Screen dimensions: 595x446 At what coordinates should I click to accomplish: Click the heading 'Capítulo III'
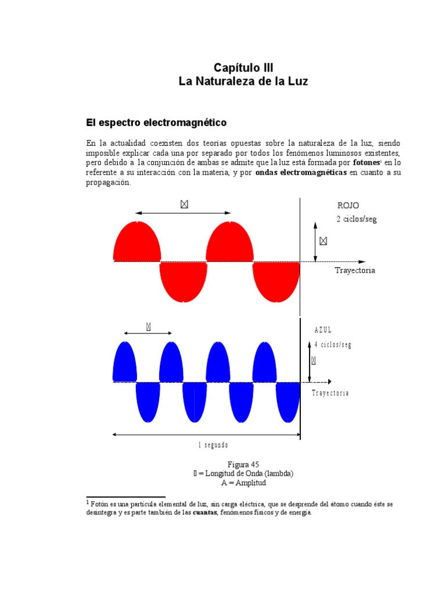click(243, 67)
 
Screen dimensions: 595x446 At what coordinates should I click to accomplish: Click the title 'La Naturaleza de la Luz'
click(243, 82)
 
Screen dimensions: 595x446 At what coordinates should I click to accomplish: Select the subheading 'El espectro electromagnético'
click(156, 123)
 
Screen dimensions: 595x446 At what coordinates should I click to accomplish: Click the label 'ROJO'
click(348, 206)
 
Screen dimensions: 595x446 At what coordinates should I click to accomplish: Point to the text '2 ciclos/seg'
click(356, 219)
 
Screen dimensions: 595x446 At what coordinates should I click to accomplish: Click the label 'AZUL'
click(323, 331)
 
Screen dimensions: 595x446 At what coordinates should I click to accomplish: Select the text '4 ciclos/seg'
click(333, 345)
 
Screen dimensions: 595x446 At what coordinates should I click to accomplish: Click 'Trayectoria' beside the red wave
click(355, 271)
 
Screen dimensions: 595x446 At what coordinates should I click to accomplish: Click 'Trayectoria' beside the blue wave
click(330, 393)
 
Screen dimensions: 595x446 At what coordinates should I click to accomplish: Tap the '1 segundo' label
click(213, 445)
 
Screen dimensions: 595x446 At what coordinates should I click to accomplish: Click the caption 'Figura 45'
click(243, 465)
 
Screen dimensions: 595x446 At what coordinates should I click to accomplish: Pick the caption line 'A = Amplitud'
click(243, 483)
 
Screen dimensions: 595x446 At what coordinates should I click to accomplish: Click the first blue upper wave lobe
click(124, 363)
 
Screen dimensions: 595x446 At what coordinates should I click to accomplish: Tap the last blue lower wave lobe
click(287, 403)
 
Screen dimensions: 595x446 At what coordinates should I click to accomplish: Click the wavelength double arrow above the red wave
click(183, 213)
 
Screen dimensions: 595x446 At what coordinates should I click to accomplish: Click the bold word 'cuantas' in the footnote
click(205, 513)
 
